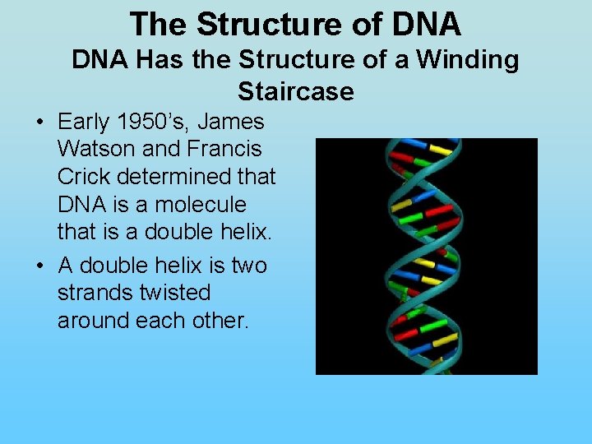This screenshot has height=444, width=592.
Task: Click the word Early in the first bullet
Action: pyautogui.click(x=83, y=123)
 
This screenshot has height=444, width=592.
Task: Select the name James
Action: pyautogui.click(x=232, y=123)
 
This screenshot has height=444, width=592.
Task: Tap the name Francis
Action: pyautogui.click(x=221, y=150)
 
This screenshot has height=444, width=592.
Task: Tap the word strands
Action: pyautogui.click(x=92, y=293)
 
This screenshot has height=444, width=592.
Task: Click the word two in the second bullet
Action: pyautogui.click(x=248, y=266)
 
